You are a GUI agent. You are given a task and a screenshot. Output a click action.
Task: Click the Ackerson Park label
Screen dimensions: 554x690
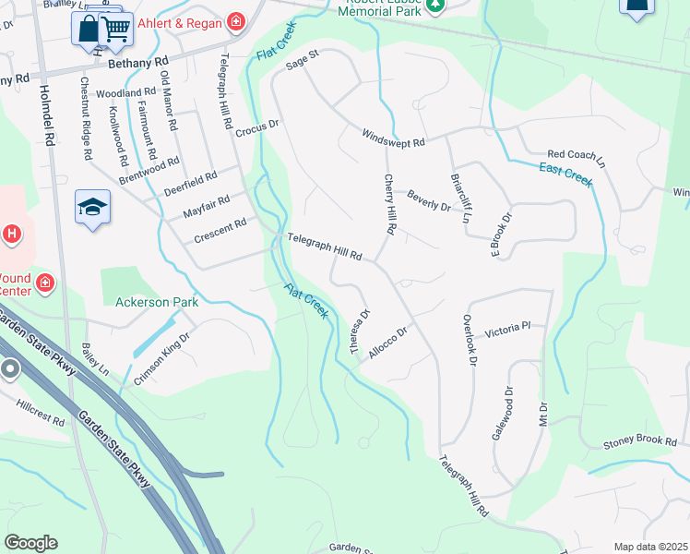tap(157, 302)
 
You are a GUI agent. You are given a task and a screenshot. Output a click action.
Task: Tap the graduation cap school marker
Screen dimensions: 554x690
tap(92, 207)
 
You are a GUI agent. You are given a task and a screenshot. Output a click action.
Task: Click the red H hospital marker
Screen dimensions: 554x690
tap(12, 235)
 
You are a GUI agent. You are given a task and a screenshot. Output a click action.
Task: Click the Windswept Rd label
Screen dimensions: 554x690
tap(393, 138)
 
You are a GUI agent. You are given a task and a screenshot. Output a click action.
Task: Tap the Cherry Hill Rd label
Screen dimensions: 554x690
tap(389, 203)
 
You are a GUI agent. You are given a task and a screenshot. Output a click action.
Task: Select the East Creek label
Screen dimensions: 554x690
tap(565, 174)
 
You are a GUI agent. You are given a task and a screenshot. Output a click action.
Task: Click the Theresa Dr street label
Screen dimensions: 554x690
tap(359, 330)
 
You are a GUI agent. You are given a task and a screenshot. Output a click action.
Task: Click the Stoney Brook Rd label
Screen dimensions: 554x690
tap(640, 443)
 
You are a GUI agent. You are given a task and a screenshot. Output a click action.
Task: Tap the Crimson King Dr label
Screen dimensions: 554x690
tap(161, 359)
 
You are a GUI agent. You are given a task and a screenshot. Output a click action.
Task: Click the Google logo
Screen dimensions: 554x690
tap(30, 543)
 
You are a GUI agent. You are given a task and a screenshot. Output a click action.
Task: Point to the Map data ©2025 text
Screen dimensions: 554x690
tap(650, 547)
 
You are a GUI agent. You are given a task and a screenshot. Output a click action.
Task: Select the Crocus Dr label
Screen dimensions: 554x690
tap(256, 130)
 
